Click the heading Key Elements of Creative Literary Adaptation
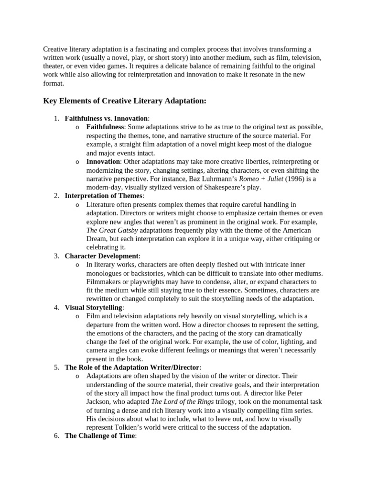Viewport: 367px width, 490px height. (125, 101)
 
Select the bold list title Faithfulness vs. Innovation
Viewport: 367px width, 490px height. (106, 118)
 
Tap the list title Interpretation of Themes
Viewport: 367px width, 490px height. (103, 196)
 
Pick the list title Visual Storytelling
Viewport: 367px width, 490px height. (94, 308)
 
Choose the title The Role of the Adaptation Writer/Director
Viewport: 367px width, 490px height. (132, 367)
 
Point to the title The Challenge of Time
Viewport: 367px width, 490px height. (100, 436)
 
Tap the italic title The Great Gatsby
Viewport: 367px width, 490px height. (110, 230)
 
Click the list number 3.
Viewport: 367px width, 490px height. (56, 256)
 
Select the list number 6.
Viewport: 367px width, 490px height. (56, 436)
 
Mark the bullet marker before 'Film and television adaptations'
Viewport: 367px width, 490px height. (77, 317)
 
